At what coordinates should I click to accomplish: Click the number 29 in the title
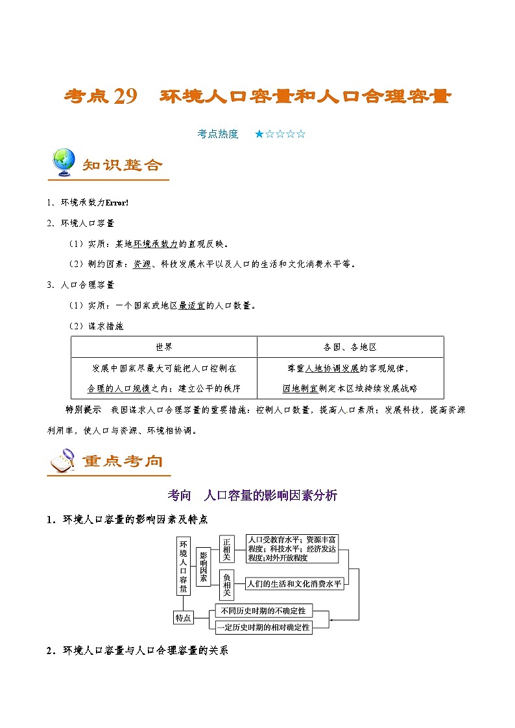(125, 97)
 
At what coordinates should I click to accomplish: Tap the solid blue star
(259, 134)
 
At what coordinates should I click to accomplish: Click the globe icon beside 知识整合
(64, 163)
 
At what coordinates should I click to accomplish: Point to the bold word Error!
(117, 203)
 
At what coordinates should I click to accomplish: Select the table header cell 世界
(163, 347)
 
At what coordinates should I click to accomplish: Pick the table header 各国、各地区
(350, 347)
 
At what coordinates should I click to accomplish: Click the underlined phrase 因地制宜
(300, 388)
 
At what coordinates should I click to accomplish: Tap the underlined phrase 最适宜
(191, 305)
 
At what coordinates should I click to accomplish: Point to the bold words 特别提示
(84, 410)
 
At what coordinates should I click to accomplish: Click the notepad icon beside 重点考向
(62, 461)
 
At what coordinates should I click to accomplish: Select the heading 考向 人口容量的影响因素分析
(252, 495)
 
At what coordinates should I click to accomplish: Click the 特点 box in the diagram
(184, 618)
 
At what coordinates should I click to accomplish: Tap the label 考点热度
(218, 134)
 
